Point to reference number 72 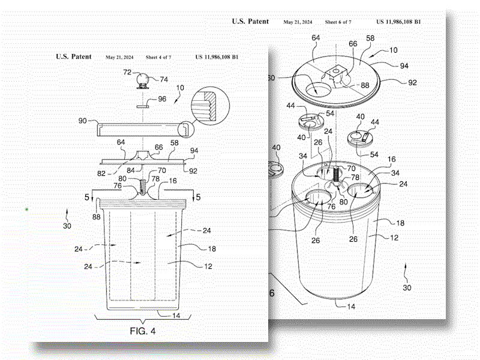[127, 73]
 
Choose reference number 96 [162, 100]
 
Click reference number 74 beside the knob [164, 79]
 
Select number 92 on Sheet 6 [412, 82]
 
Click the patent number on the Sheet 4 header [217, 57]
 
